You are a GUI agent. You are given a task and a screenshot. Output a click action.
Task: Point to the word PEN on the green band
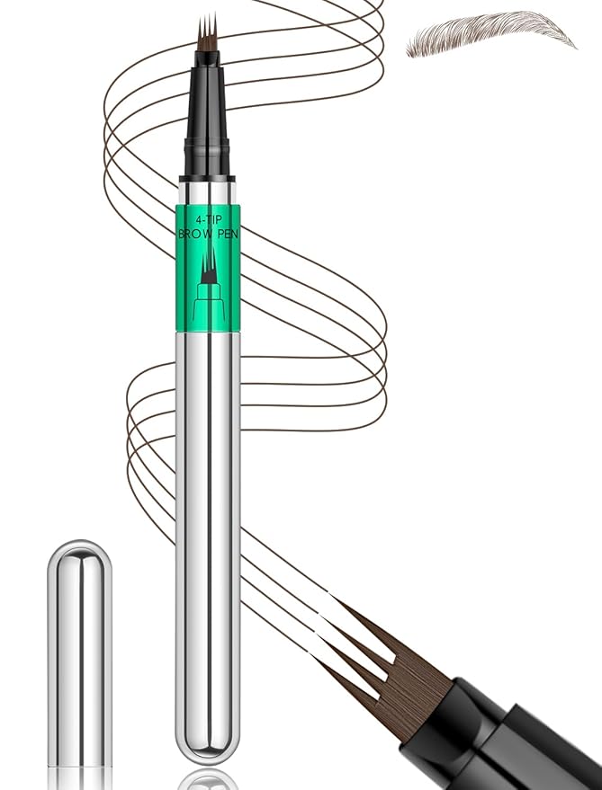[228, 235]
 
